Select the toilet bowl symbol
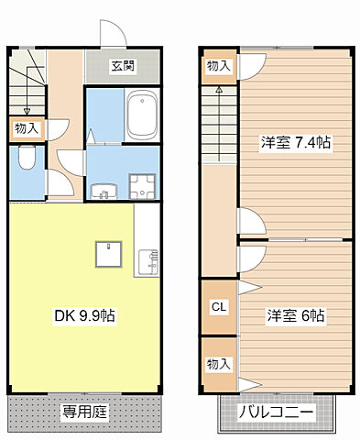click(x=26, y=162)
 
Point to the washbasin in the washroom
click(x=102, y=189)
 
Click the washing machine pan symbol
click(x=143, y=189)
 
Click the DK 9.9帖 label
click(x=83, y=317)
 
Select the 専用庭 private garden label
click(x=85, y=412)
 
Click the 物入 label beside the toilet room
click(x=26, y=129)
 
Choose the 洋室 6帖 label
click(x=296, y=315)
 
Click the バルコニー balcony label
click(x=277, y=412)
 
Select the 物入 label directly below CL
click(x=218, y=364)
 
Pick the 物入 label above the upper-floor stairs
click(x=218, y=65)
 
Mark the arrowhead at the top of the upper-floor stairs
click(x=220, y=90)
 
